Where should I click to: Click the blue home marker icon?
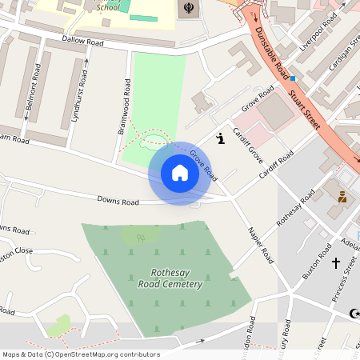click(179, 173)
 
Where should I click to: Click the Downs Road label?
click(118, 201)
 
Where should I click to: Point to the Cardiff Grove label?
click(248, 144)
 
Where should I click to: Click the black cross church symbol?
click(336, 262)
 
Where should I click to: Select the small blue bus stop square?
click(294, 78)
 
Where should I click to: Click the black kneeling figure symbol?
click(221, 139)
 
